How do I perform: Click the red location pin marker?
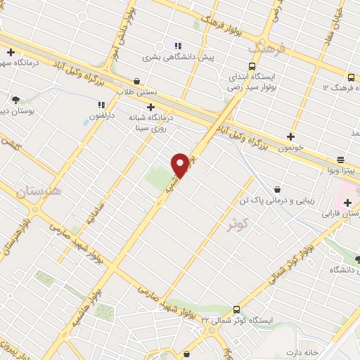tap(180, 165)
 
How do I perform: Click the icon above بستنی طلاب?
tap(136, 81)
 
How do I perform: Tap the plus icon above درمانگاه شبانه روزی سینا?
tap(150, 107)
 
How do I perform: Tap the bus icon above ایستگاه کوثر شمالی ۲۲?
tap(236, 309)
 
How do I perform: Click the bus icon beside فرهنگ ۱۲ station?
tap(351, 76)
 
